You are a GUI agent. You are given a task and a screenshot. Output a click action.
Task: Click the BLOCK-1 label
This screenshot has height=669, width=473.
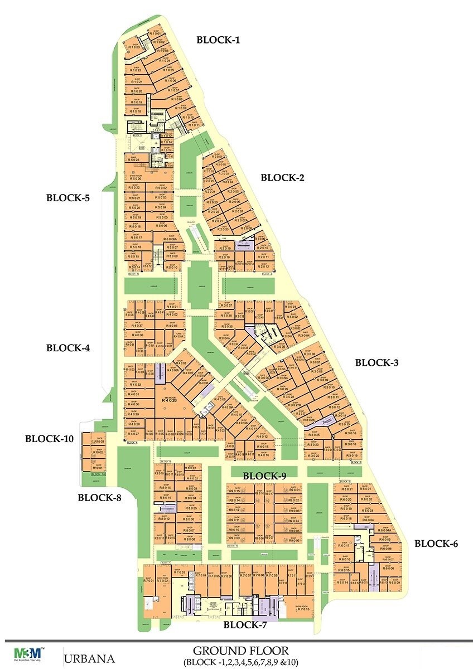pos(219,40)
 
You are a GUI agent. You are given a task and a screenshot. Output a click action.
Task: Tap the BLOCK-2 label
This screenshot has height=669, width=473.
pos(283,178)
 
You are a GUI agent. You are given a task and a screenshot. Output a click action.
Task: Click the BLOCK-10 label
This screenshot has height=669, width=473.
pos(49,439)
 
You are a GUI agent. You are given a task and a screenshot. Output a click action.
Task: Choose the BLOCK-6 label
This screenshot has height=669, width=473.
pos(436,543)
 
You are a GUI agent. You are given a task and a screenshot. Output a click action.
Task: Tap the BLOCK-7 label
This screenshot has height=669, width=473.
pos(245,625)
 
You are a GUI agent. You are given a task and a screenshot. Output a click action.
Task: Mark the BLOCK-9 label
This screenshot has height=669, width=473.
pos(264,476)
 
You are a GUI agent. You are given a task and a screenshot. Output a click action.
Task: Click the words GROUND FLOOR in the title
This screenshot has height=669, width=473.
pos(240,651)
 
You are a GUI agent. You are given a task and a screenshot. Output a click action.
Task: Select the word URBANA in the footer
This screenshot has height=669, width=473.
pos(90,658)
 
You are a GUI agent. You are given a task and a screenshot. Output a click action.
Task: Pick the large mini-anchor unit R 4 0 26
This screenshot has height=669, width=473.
pos(169,399)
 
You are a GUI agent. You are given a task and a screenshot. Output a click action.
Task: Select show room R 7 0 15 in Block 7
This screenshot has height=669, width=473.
pos(303,609)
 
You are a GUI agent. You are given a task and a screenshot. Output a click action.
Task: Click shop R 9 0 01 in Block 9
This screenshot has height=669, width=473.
pos(294,489)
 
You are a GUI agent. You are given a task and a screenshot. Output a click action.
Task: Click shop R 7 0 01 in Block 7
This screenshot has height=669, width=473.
pos(148,580)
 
